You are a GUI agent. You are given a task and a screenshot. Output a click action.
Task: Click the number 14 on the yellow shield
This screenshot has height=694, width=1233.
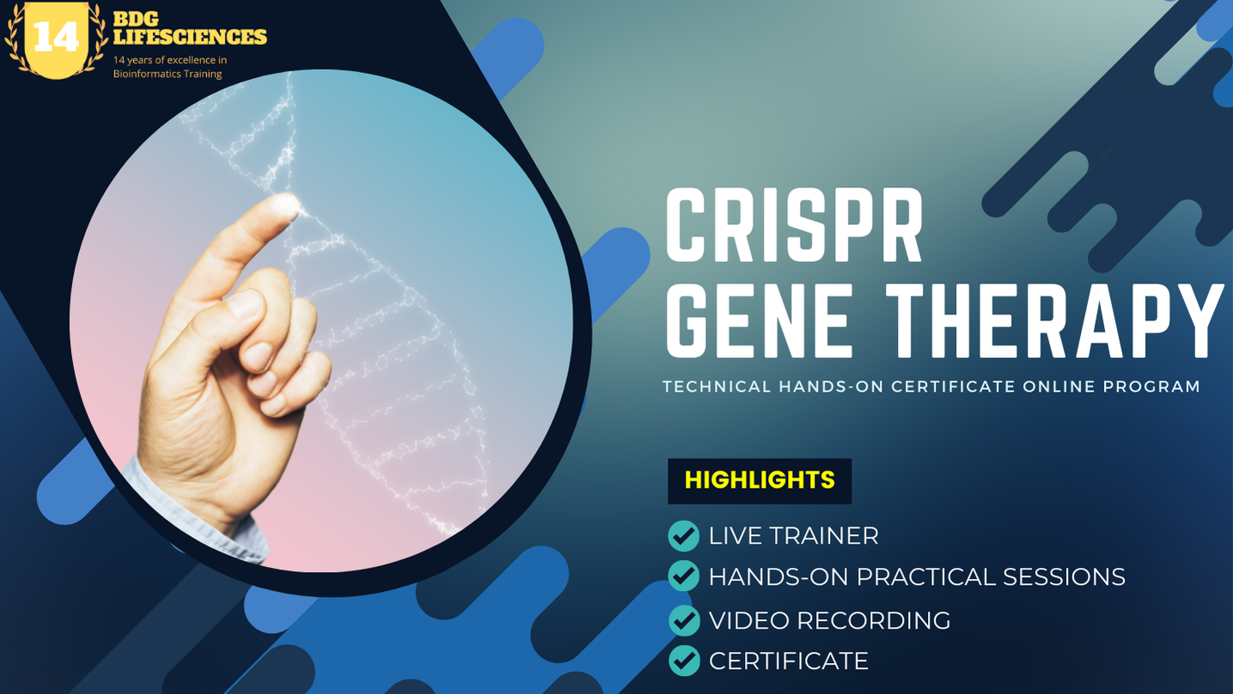56,37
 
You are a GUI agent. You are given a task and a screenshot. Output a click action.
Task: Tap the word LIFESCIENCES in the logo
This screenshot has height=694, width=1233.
190,37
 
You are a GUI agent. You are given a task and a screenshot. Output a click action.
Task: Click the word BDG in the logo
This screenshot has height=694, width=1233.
136,19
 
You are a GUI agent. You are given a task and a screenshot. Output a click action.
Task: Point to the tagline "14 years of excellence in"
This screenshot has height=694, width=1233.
170,60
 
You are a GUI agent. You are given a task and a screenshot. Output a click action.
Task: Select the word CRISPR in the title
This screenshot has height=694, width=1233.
794,225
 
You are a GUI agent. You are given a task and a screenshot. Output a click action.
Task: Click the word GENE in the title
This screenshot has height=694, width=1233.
760,321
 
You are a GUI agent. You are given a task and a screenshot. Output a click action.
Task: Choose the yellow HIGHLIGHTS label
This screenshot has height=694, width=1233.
760,480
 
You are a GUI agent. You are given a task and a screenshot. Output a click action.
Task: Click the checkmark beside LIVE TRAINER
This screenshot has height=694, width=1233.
684,535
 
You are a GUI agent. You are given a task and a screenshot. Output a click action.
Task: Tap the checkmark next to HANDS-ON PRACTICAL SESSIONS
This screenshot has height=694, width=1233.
684,576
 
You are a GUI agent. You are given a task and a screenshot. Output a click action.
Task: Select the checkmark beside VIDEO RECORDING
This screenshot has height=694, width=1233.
684,620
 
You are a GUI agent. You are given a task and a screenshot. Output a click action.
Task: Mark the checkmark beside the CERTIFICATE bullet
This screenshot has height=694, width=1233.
684,661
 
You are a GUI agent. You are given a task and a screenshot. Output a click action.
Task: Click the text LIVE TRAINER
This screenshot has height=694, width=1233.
793,536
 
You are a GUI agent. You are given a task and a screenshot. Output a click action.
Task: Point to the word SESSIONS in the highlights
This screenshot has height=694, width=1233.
1064,577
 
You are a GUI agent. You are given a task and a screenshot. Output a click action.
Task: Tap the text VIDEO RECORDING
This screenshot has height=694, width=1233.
829,621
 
